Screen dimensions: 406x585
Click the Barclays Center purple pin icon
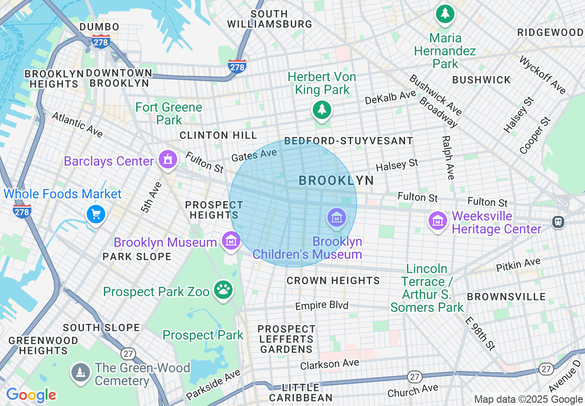tap(167, 160)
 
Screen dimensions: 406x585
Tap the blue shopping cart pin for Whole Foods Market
tap(96, 214)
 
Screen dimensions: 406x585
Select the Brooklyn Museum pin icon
tap(231, 240)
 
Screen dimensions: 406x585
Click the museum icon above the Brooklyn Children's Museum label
tap(336, 217)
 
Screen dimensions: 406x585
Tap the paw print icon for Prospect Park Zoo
tap(224, 290)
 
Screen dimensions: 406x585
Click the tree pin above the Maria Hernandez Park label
tap(445, 14)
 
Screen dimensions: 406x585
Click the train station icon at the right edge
tap(558, 222)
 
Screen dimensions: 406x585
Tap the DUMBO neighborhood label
tap(99, 27)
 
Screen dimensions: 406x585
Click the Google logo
tap(31, 395)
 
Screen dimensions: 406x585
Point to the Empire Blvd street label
tap(322, 305)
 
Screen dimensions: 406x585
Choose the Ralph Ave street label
tap(448, 157)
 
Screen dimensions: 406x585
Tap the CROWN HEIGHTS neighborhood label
tap(333, 281)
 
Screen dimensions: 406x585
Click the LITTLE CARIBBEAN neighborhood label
tap(301, 392)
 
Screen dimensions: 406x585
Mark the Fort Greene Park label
tap(169, 113)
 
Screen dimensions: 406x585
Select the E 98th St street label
tap(480, 334)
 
